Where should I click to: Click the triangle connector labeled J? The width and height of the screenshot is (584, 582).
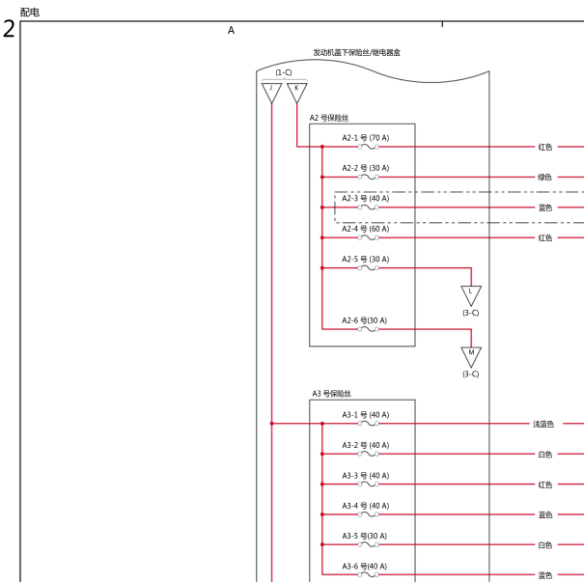[x=271, y=93]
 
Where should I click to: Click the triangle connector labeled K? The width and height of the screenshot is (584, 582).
[x=297, y=93]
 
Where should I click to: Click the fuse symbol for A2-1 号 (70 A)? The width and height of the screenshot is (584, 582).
[x=369, y=147]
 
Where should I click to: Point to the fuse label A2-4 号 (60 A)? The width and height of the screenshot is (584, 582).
[x=366, y=229]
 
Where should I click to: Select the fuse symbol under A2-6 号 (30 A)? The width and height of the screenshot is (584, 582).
[x=369, y=329]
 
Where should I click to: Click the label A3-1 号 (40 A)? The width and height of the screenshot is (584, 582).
[x=366, y=415]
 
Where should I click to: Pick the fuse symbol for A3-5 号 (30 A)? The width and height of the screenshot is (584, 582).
[x=369, y=544]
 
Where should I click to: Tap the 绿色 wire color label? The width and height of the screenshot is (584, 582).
[x=544, y=178]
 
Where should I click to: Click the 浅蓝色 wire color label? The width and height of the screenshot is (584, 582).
[x=543, y=424]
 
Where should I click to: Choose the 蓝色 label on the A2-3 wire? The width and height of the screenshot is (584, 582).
[x=544, y=208]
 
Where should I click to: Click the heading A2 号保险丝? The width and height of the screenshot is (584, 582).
[x=329, y=118]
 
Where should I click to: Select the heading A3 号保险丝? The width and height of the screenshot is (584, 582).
[x=331, y=394]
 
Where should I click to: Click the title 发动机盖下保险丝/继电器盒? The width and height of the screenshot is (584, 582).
[x=356, y=52]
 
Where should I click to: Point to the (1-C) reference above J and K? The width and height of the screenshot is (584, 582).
[x=284, y=72]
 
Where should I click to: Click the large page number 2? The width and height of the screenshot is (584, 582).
[x=9, y=29]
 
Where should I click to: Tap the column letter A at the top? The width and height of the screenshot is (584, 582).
[x=231, y=30]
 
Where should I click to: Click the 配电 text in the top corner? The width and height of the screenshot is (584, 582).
[x=30, y=13]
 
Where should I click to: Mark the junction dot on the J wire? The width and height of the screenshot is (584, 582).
[x=271, y=424]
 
